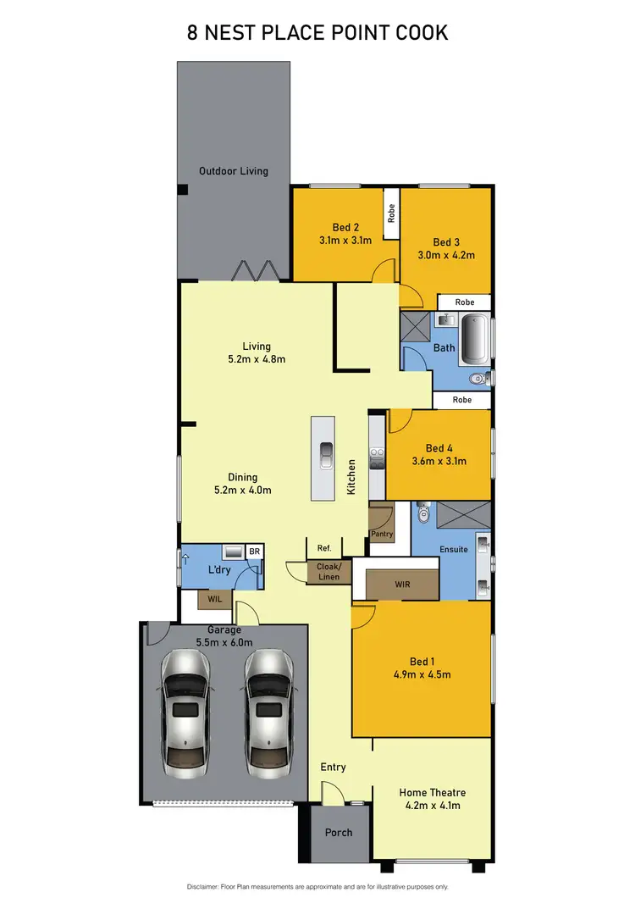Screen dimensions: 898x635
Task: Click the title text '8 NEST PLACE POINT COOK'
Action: click(x=317, y=33)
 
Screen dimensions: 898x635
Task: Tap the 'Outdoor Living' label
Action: click(x=233, y=171)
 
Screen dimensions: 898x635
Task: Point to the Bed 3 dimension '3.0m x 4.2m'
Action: click(x=445, y=254)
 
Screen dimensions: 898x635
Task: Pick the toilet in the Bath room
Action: click(x=478, y=379)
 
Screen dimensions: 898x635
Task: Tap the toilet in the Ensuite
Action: click(x=424, y=513)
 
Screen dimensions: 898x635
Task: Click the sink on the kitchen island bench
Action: click(x=325, y=456)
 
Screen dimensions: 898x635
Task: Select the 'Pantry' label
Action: click(x=382, y=535)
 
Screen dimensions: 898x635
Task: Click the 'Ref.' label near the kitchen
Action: click(x=323, y=547)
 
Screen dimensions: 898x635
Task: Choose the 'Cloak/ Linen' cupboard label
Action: click(x=328, y=571)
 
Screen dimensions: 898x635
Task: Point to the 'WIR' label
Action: click(x=402, y=585)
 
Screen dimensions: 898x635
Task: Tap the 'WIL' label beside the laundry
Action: click(x=208, y=600)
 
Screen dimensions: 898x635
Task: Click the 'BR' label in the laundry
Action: click(x=253, y=552)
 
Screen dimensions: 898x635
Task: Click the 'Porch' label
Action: click(x=339, y=832)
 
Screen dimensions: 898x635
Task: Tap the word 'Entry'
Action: click(x=333, y=767)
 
